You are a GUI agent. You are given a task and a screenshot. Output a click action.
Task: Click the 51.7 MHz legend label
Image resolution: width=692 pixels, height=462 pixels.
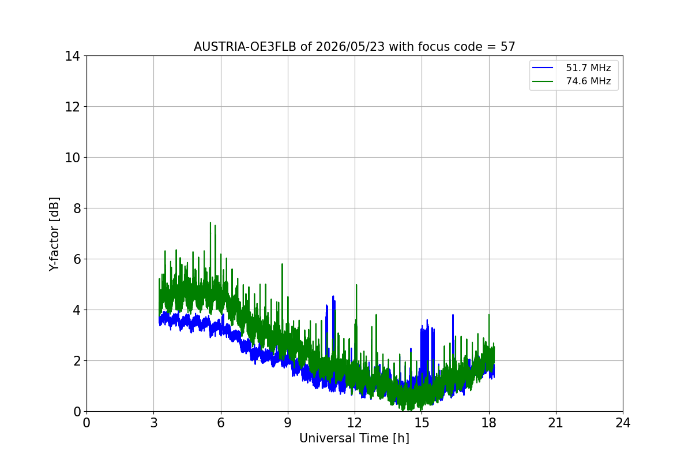click(588, 68)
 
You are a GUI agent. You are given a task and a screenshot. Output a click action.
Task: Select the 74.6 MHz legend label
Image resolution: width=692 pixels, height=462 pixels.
click(588, 81)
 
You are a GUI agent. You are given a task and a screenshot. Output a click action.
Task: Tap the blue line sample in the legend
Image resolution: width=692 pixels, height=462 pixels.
click(543, 68)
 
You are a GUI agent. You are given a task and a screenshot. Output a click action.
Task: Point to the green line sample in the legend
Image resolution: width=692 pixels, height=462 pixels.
click(543, 81)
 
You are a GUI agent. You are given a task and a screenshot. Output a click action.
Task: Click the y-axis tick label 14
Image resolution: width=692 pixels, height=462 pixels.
click(72, 57)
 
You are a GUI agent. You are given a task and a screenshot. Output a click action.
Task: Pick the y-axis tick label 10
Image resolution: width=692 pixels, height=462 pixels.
click(72, 158)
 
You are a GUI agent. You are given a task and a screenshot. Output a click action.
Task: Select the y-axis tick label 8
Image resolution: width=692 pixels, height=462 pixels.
click(77, 208)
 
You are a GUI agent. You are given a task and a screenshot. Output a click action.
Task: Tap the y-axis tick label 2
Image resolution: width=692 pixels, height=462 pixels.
click(77, 361)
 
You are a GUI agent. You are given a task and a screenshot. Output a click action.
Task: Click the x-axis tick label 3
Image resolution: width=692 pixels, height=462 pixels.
click(154, 423)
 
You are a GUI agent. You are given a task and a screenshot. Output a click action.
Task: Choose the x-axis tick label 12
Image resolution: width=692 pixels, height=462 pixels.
click(355, 423)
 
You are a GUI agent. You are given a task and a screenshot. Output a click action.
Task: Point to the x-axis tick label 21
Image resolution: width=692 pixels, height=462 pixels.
click(556, 423)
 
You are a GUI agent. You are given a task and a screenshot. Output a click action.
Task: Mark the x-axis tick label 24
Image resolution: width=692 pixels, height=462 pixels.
click(623, 423)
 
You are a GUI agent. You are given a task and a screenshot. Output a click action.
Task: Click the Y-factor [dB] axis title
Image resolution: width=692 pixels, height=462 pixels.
click(54, 234)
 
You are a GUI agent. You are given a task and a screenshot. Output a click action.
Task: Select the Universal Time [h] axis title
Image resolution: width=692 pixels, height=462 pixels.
click(354, 438)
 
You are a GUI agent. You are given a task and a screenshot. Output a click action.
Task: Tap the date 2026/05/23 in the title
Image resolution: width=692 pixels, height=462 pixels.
click(351, 47)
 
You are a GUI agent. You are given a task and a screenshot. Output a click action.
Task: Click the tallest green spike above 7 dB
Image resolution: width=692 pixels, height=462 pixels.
click(210, 223)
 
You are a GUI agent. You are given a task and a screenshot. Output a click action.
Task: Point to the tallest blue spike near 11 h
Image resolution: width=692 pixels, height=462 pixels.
click(333, 297)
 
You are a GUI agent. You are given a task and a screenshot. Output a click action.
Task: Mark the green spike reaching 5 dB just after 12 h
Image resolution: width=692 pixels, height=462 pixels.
click(356, 285)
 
